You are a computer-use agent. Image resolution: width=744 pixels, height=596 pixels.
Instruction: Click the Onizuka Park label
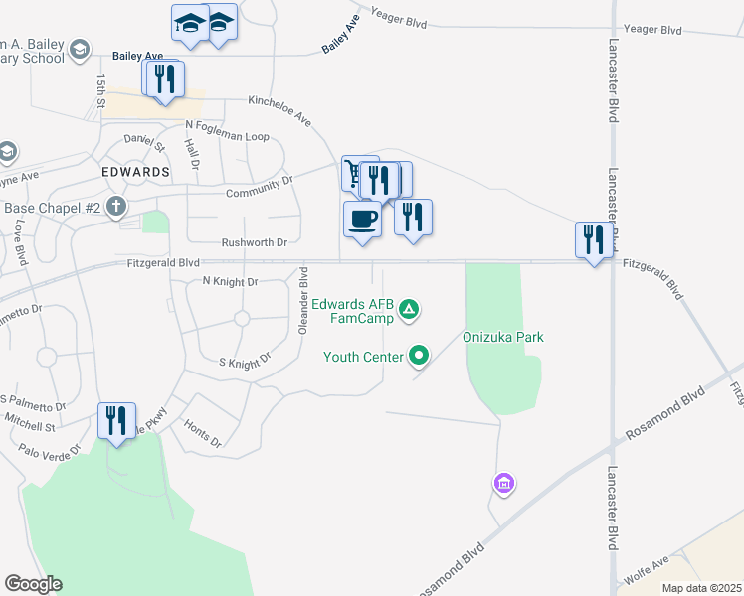[x=503, y=337]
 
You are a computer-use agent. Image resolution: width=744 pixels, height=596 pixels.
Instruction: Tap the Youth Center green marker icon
[x=419, y=355]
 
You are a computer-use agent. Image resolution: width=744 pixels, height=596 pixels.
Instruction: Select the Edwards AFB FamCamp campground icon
[x=409, y=312]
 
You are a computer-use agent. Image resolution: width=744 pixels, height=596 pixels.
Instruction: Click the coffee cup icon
[x=362, y=220]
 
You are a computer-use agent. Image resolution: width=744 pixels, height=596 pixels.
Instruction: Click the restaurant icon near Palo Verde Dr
[x=116, y=421]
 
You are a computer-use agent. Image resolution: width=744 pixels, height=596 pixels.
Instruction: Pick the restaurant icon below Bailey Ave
[x=165, y=79]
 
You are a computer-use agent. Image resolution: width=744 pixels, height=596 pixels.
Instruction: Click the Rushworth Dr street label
[x=254, y=242]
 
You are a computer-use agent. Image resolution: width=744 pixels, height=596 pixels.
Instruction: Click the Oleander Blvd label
[x=303, y=299]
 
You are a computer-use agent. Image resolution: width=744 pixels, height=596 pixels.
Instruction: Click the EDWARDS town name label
[x=135, y=171]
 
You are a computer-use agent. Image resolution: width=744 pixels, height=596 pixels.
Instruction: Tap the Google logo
[x=33, y=584]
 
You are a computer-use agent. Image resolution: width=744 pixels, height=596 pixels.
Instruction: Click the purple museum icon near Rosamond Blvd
[x=503, y=484]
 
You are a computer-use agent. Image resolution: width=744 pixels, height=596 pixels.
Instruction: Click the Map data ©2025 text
[x=700, y=588]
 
